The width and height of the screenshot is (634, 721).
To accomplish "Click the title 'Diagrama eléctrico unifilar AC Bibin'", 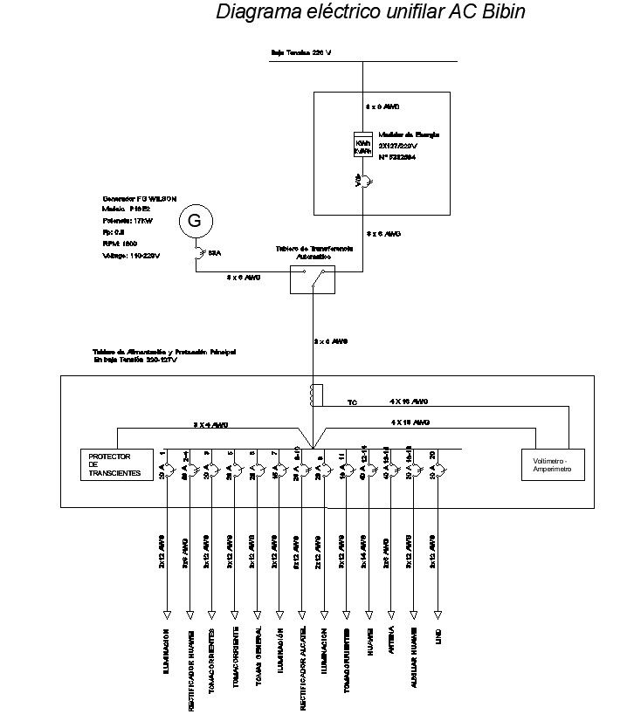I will click(370, 13).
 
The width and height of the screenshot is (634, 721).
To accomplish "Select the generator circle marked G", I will click(195, 222).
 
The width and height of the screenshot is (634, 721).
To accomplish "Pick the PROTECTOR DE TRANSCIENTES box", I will click(114, 463).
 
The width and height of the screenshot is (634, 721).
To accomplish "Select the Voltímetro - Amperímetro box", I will click(547, 463).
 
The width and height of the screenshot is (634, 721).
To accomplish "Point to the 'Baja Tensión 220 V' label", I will click(301, 52).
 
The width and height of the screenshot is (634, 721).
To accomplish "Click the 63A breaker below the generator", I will click(201, 252).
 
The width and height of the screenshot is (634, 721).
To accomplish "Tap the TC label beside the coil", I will click(352, 403).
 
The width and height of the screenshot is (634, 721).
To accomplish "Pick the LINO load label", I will click(438, 641).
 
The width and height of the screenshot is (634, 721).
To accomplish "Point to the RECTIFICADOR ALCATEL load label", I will click(302, 669).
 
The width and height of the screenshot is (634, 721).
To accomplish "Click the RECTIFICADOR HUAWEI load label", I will click(190, 669).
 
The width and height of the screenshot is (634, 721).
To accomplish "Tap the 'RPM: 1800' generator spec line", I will click(119, 244).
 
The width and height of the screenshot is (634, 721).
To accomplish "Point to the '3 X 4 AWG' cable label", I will click(210, 424).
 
